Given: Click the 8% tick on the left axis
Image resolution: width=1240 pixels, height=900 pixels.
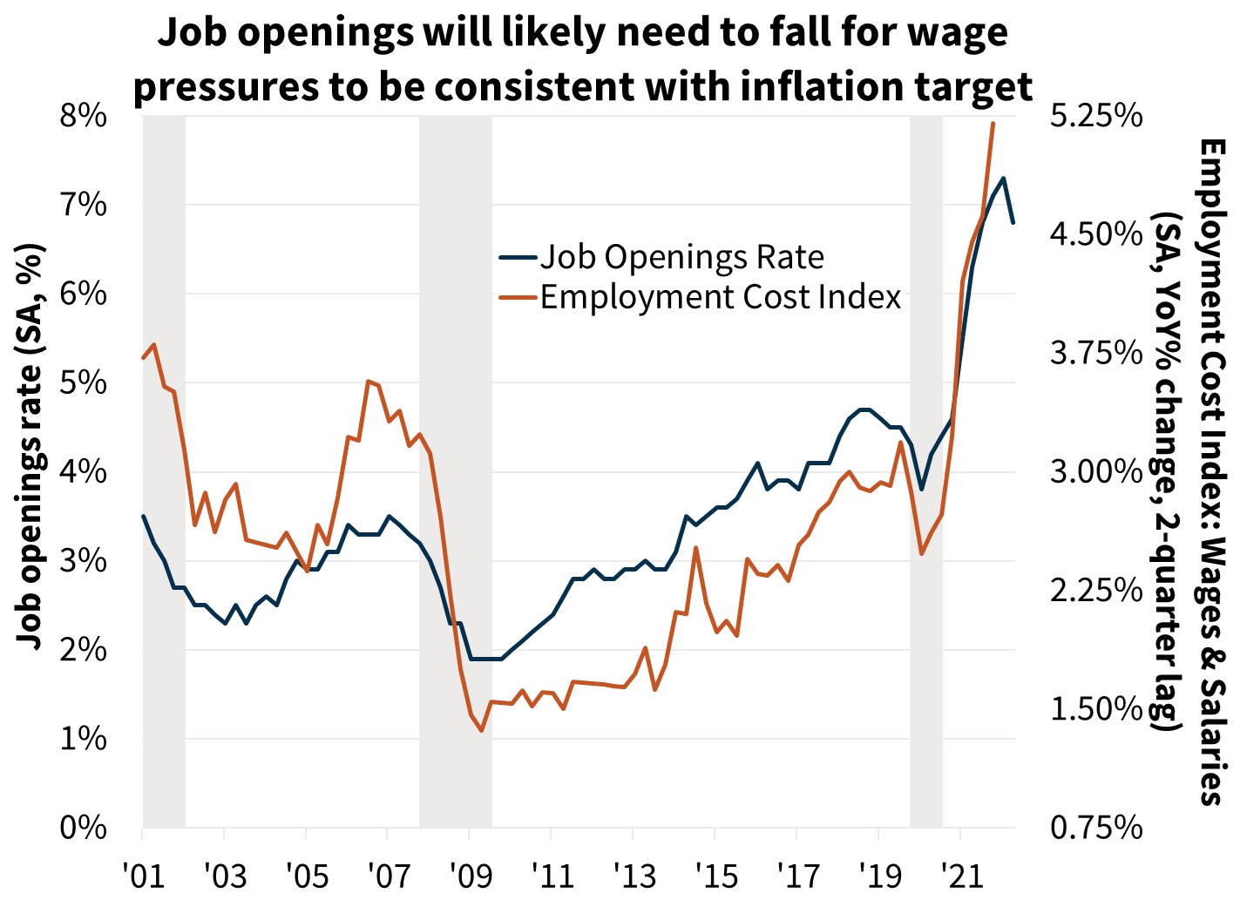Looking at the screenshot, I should pos(83,116).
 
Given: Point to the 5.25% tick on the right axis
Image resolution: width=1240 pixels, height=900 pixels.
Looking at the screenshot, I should pos(1095,116).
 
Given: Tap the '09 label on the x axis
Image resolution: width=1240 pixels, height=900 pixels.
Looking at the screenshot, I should pos(469,875).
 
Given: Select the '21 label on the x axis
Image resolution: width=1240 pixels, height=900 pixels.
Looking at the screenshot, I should pos(959,875).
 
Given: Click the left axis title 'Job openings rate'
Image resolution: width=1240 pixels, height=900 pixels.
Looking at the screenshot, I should pos(30,444).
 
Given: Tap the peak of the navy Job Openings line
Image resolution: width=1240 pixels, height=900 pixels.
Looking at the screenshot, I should pos(1004,179).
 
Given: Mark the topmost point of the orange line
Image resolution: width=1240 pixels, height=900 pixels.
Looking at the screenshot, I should pos(993,124).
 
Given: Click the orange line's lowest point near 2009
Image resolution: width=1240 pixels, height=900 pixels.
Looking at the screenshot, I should pos(481,730).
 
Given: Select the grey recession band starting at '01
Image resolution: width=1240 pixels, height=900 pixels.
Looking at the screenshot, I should pos(164,470).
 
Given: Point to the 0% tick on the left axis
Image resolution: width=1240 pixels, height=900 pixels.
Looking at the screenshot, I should pos(83,828).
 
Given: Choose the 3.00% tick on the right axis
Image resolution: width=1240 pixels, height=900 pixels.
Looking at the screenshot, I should pos(1095,472).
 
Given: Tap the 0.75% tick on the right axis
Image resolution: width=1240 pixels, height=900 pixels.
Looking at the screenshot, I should pos(1095,828).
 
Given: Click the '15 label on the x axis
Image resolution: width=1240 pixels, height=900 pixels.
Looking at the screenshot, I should pos(715,875).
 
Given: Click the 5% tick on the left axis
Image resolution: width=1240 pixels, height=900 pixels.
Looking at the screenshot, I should pos(83,382).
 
